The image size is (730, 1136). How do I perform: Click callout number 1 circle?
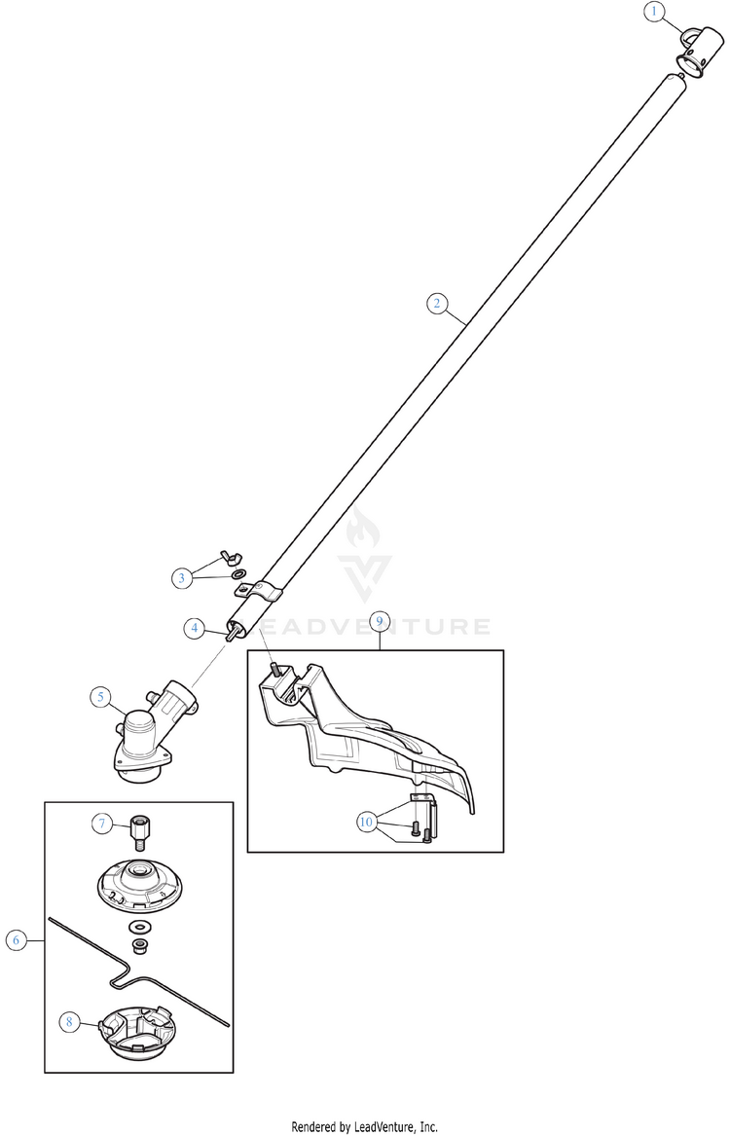coord(654,11)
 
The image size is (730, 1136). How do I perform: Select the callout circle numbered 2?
coord(436,303)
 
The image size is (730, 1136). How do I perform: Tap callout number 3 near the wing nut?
coord(182,578)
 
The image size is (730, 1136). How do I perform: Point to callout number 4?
coord(194,628)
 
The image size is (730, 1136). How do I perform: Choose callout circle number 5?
coord(100,697)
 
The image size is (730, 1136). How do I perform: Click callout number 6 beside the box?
coord(16,940)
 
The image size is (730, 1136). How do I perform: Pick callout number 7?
coord(102,823)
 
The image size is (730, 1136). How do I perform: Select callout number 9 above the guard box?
coord(379,621)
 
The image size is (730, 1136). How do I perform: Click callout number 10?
coord(366,822)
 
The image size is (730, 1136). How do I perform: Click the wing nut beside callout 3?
coord(232,557)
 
